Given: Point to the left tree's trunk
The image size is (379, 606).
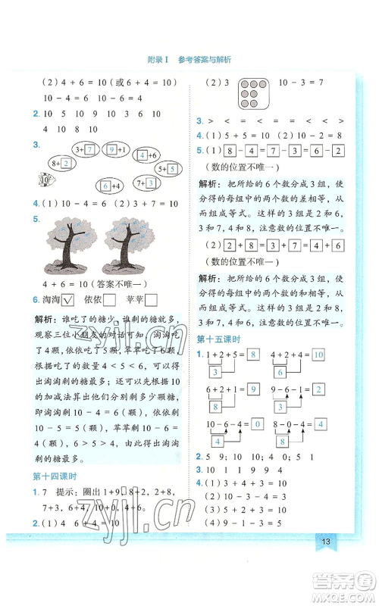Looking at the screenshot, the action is [x=70, y=253].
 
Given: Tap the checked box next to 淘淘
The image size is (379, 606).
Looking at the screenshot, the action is [x=67, y=300].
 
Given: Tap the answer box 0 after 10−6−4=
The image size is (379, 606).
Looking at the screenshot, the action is [x=258, y=423].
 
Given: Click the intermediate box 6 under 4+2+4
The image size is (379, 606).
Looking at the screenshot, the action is [x=280, y=372].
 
